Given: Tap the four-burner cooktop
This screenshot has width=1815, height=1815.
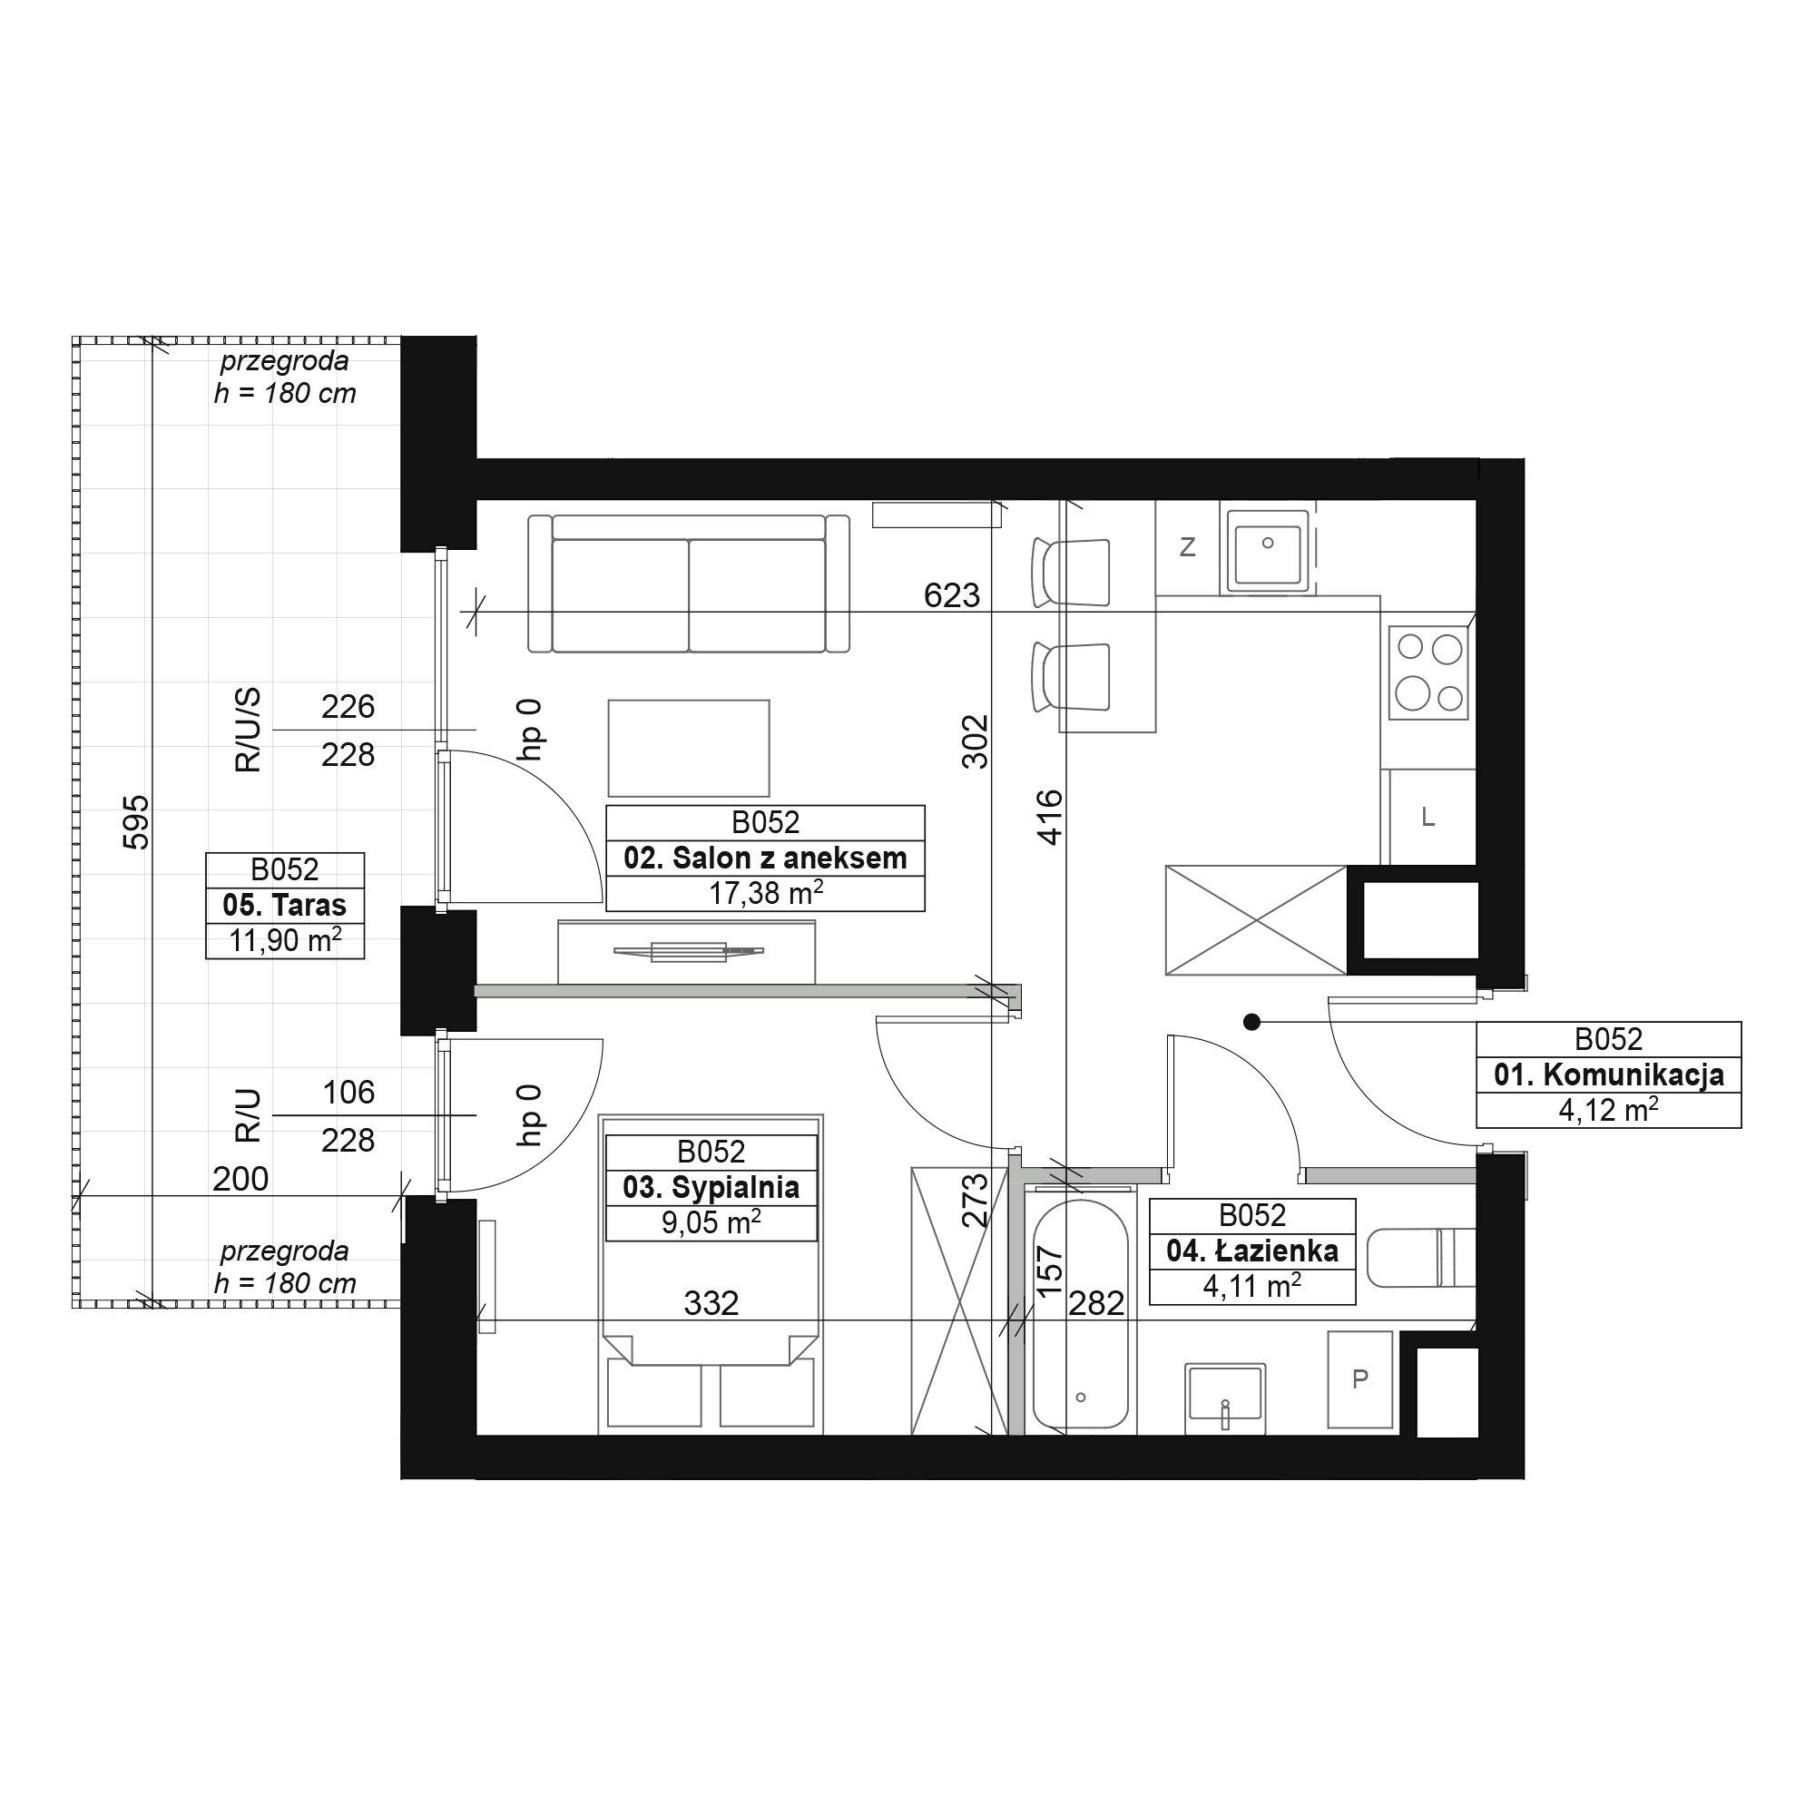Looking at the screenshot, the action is [1427, 672].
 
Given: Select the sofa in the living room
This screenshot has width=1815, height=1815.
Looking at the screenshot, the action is [689, 584].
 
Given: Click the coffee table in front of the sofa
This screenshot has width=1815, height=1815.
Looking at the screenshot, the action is [689, 748].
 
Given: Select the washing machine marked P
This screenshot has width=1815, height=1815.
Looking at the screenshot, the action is [1359, 1379].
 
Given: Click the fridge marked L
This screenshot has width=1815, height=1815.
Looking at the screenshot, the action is [1427, 818].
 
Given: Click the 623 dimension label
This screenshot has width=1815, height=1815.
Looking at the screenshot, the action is [952, 594].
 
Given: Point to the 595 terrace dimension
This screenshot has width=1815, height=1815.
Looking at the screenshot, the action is [137, 822].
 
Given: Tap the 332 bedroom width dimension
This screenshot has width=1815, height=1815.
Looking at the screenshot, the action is [711, 1303].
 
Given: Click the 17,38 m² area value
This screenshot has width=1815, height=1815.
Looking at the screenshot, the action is [766, 892].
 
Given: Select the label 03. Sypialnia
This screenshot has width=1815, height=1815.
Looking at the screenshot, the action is [711, 1187].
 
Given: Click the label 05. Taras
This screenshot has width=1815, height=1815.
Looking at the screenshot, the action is [285, 905].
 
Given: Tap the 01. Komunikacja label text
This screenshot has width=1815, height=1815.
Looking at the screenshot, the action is [1608, 1074].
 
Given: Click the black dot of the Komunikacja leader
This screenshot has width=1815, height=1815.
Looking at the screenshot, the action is [1251, 1022].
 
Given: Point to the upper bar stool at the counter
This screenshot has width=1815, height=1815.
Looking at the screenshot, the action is [1071, 572].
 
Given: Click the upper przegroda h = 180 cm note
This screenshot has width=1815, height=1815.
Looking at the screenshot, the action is [285, 377].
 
